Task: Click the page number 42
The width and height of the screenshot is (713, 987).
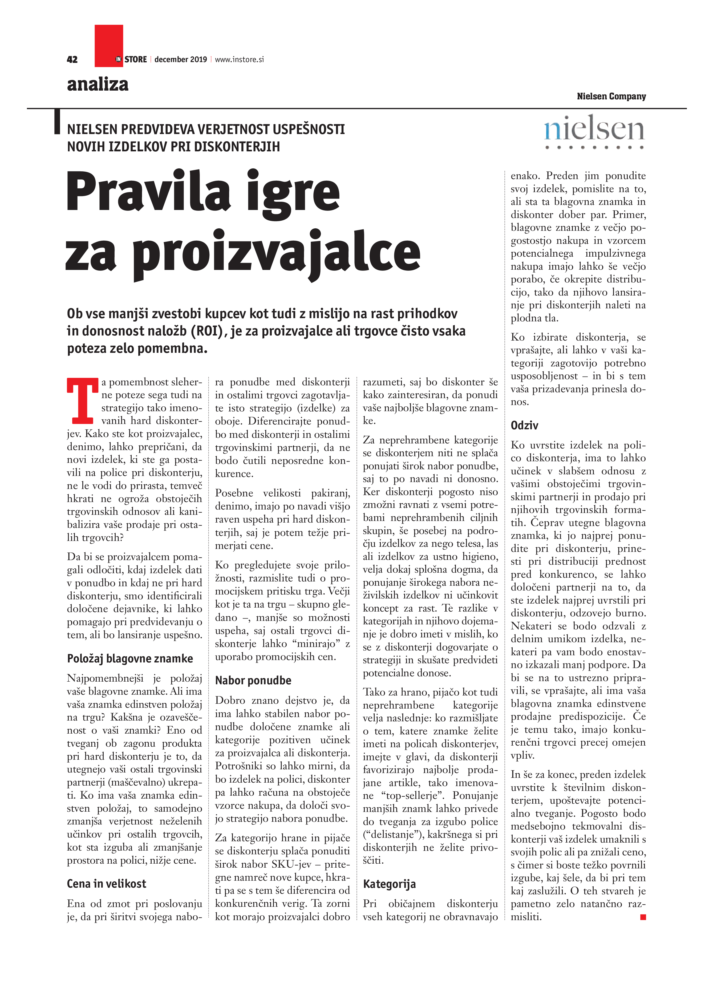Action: point(72,60)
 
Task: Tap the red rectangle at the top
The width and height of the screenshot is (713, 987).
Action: point(109,45)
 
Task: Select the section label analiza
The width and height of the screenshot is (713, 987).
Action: point(98,84)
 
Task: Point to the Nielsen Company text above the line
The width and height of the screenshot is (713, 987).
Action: point(611,96)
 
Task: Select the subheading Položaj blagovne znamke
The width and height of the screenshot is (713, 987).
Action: point(130,658)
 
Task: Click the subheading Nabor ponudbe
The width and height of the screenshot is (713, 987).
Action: point(253,680)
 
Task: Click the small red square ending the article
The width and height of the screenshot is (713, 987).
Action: point(643,917)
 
